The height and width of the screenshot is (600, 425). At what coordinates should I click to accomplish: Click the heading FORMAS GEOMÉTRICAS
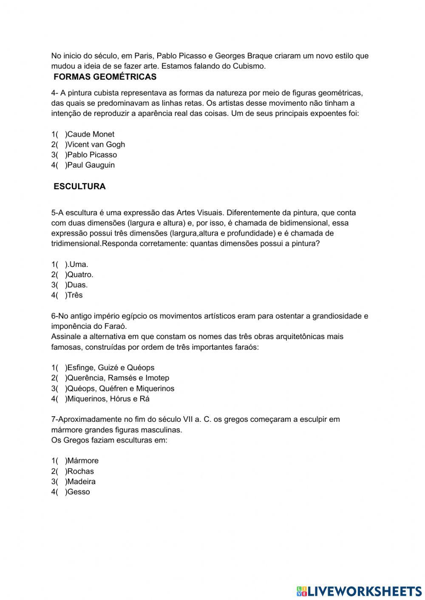pyautogui.click(x=105, y=77)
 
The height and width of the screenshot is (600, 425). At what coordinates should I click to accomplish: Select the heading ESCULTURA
pyautogui.click(x=79, y=186)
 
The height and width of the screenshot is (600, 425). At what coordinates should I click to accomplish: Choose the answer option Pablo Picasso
pyautogui.click(x=91, y=155)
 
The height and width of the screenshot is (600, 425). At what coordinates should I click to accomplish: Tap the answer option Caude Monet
pyautogui.click(x=90, y=134)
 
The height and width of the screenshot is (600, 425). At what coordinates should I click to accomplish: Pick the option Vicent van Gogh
pyautogui.click(x=96, y=144)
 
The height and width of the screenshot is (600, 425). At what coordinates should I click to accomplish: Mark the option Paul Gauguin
pyautogui.click(x=91, y=165)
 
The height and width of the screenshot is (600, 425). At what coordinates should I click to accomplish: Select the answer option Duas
pyautogui.click(x=77, y=285)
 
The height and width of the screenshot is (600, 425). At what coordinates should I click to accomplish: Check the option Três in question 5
pyautogui.click(x=74, y=295)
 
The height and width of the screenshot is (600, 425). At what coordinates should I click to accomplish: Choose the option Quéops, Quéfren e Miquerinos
pyautogui.click(x=120, y=388)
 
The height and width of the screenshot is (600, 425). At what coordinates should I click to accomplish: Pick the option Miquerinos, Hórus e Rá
pyautogui.click(x=108, y=399)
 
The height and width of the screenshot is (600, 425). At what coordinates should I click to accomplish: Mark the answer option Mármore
pyautogui.click(x=82, y=460)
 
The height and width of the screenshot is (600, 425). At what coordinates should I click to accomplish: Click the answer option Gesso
pyautogui.click(x=78, y=492)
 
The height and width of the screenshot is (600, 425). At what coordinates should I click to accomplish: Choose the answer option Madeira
pyautogui.click(x=81, y=481)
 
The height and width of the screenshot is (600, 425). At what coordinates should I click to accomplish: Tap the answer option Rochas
pyautogui.click(x=80, y=471)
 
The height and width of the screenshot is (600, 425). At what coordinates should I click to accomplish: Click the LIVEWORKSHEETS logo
pyautogui.click(x=359, y=591)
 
